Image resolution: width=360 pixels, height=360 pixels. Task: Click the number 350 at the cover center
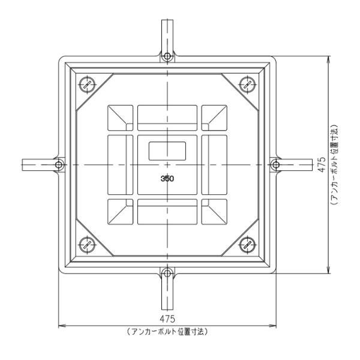[x=167, y=178]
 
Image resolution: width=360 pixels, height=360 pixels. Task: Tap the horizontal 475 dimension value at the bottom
[x=167, y=319]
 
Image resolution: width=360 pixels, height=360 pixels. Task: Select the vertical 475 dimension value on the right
[x=322, y=164]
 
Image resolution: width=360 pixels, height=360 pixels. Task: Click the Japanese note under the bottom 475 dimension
[x=167, y=332]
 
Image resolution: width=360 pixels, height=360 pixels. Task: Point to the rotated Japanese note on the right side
[x=335, y=164]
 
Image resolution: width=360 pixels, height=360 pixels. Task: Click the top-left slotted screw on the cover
[x=87, y=85]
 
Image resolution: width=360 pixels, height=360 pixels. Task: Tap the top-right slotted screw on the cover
[x=247, y=85]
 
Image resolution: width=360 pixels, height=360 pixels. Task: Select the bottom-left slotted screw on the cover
[x=87, y=245]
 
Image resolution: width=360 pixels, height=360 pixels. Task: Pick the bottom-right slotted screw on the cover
[x=247, y=245]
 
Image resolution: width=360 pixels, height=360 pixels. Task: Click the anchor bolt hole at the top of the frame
[x=167, y=56]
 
